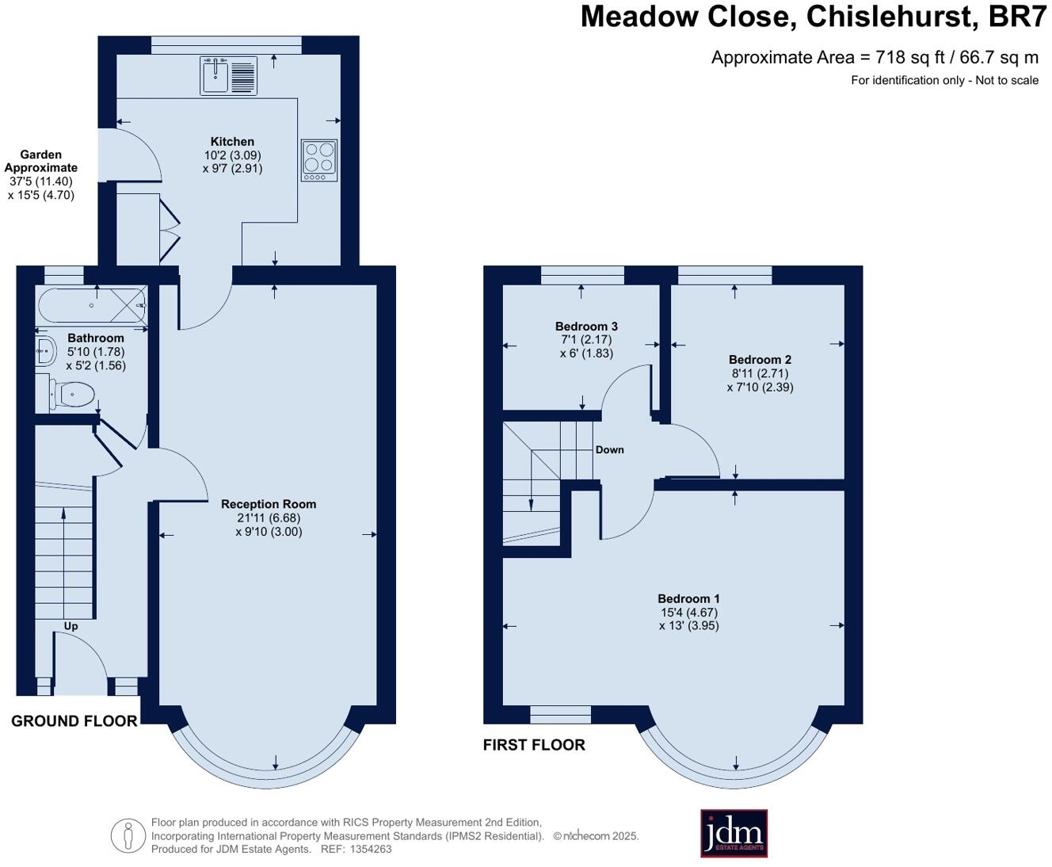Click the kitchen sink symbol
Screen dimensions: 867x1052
[227, 76]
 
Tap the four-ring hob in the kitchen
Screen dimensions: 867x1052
[318, 160]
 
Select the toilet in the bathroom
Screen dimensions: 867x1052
[72, 394]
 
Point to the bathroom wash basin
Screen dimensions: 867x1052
[45, 349]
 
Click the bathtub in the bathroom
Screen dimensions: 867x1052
[92, 305]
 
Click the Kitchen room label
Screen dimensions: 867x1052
[232, 142]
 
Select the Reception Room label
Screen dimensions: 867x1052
[269, 504]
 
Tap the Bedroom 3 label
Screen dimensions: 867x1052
[586, 327]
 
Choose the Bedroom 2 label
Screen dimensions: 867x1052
[760, 360]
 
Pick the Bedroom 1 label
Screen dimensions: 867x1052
[688, 599]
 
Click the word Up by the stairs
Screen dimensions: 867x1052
[71, 626]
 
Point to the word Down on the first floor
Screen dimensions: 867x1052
[609, 449]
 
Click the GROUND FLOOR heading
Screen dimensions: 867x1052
[74, 721]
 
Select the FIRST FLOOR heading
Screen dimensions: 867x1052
[534, 745]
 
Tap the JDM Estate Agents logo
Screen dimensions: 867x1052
[734, 833]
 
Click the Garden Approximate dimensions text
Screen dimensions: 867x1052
[41, 174]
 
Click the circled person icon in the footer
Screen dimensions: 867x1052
[128, 835]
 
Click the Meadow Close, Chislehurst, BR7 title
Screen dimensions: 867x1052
[814, 17]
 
